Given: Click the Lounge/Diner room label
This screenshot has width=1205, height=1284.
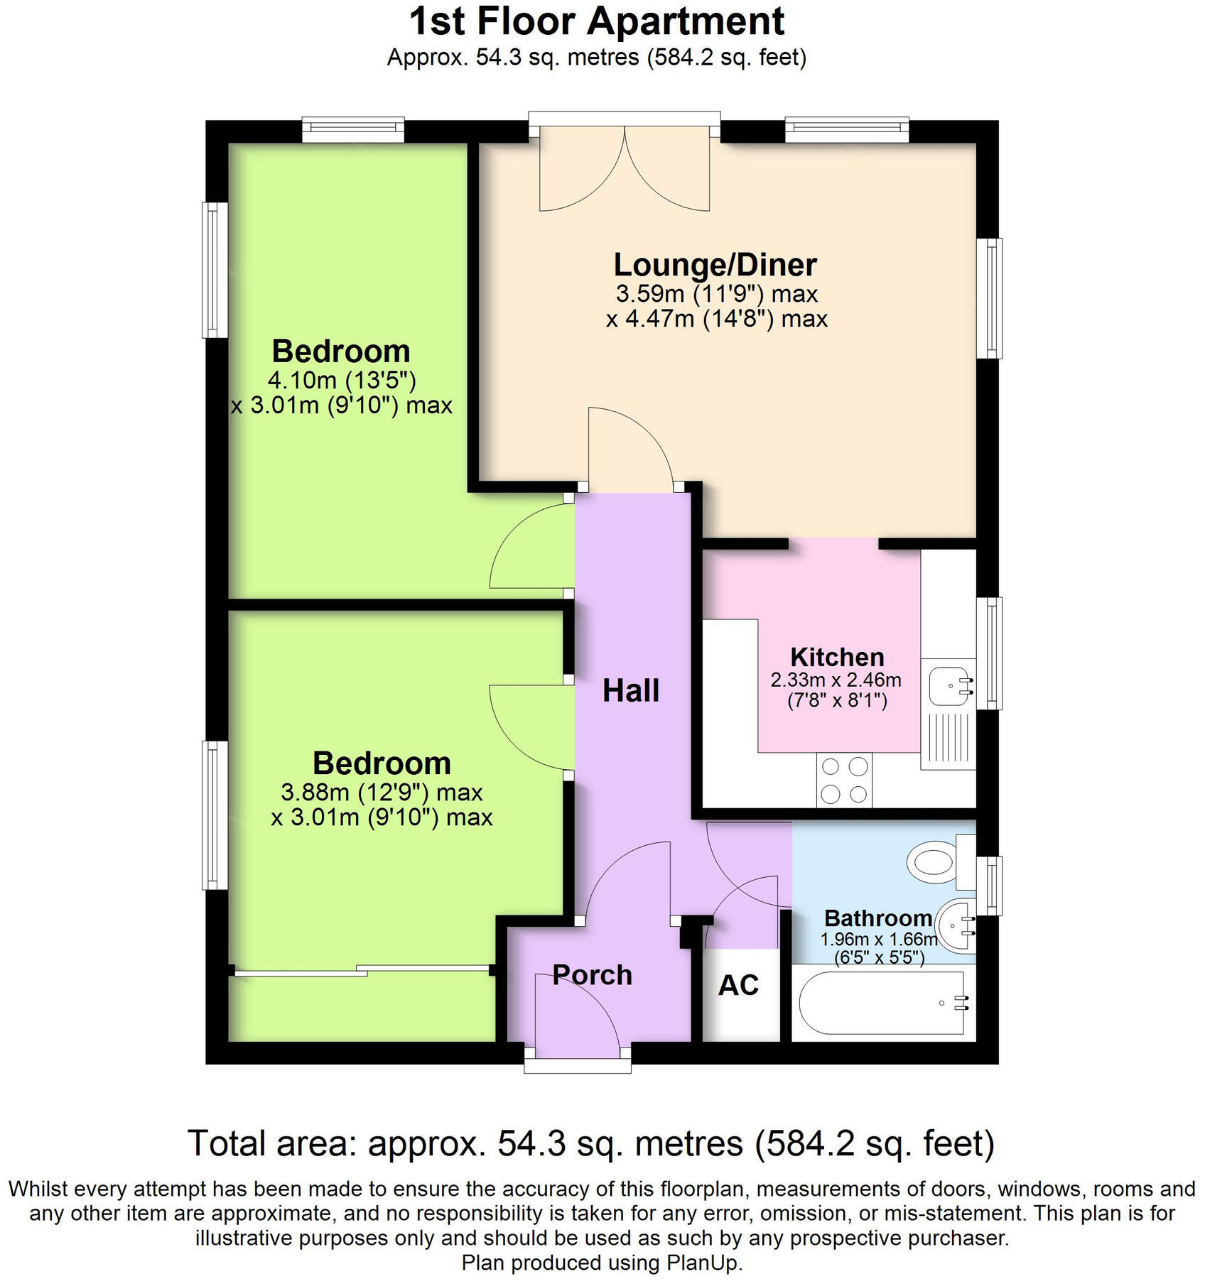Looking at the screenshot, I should click(x=715, y=265).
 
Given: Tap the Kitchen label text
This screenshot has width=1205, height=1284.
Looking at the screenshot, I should click(x=836, y=657).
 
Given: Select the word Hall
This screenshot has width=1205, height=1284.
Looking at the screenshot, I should click(x=631, y=691).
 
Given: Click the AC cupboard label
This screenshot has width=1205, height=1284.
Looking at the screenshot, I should click(x=738, y=985).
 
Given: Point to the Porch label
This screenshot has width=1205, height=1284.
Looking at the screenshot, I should click(x=592, y=975).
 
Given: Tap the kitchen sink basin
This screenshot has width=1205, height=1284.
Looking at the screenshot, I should click(x=949, y=686).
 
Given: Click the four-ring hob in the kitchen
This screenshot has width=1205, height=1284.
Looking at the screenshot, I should click(x=844, y=780).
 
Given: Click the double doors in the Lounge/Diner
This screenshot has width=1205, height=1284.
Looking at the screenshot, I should click(x=625, y=170).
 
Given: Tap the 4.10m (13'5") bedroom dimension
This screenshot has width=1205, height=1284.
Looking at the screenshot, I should click(x=341, y=380).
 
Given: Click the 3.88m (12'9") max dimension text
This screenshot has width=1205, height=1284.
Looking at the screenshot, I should click(x=382, y=792).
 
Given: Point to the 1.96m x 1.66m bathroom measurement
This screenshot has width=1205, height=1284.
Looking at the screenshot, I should click(x=879, y=940).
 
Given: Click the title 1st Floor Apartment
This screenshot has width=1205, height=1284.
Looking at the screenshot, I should click(x=597, y=21).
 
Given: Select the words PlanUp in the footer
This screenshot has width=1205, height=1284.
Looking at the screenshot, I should click(x=702, y=1262).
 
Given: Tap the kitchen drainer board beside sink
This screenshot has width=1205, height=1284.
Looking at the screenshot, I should click(x=948, y=739).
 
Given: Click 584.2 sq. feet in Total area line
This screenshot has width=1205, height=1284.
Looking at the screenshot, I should click(x=874, y=1143).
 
